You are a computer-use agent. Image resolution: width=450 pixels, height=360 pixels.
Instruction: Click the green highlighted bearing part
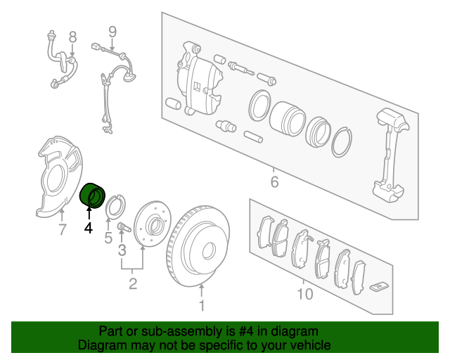pyautogui.click(x=93, y=194)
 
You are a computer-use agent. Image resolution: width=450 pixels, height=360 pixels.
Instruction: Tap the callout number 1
pyautogui.click(x=202, y=305)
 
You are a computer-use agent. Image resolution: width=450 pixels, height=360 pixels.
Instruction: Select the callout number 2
pyautogui.click(x=132, y=283)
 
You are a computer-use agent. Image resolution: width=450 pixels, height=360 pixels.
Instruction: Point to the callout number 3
pyautogui.click(x=122, y=250)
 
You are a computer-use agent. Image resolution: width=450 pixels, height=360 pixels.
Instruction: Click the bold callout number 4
pyautogui.click(x=88, y=227)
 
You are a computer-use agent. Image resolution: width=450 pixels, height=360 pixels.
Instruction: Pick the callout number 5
pyautogui.click(x=108, y=238)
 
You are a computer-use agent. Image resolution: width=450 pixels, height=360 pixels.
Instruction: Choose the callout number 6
pyautogui.click(x=274, y=182)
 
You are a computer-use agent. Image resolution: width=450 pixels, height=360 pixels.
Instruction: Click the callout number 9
pyautogui.click(x=111, y=32)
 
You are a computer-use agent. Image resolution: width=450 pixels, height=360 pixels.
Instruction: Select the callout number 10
pyautogui.click(x=304, y=293)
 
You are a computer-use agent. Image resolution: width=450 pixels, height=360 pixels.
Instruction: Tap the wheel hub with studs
pyautogui.click(x=151, y=226)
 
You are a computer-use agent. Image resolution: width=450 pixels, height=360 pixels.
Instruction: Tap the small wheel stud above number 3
pyautogui.click(x=123, y=226)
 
